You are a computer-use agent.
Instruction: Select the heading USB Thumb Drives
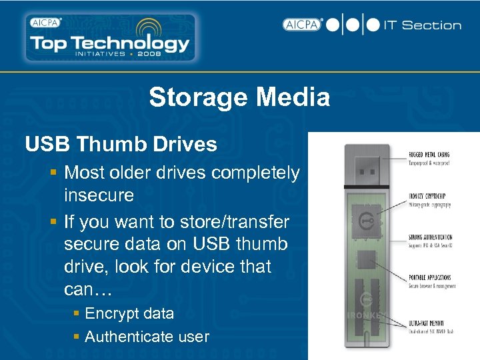pyautogui.click(x=121, y=144)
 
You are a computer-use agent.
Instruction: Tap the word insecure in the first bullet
pyautogui.click(x=99, y=196)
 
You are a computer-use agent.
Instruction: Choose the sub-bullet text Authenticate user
pyautogui.click(x=147, y=337)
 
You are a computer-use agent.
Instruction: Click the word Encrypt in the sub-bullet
pyautogui.click(x=111, y=314)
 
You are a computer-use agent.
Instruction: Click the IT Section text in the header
pyautogui.click(x=423, y=25)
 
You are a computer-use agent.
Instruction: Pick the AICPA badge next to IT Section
pyautogui.click(x=302, y=25)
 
